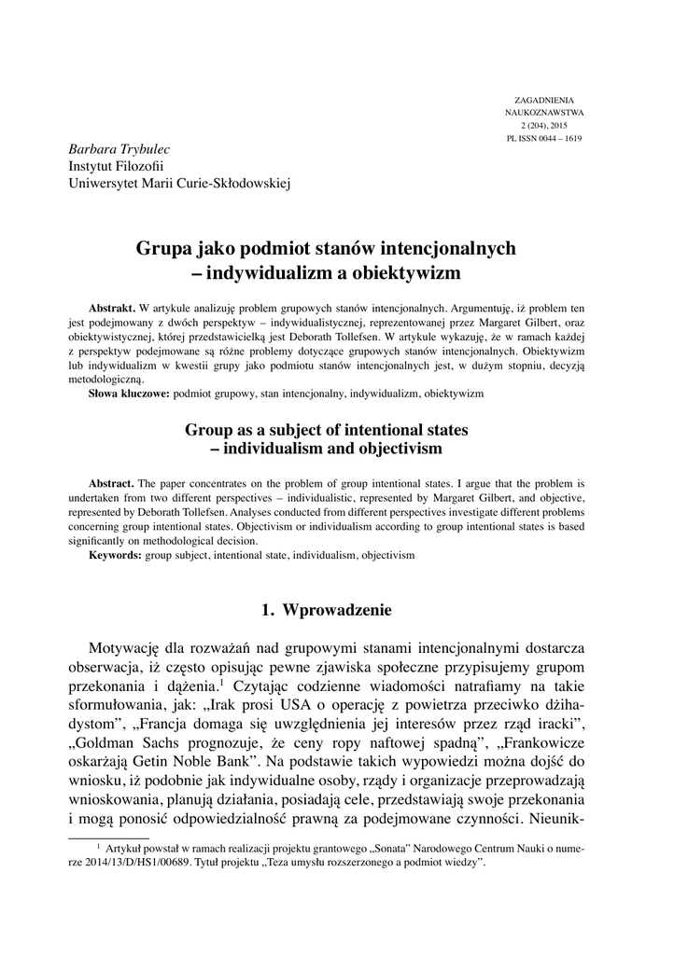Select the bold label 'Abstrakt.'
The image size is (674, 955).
pos(112,307)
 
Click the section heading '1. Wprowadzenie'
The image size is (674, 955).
pos(328,611)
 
